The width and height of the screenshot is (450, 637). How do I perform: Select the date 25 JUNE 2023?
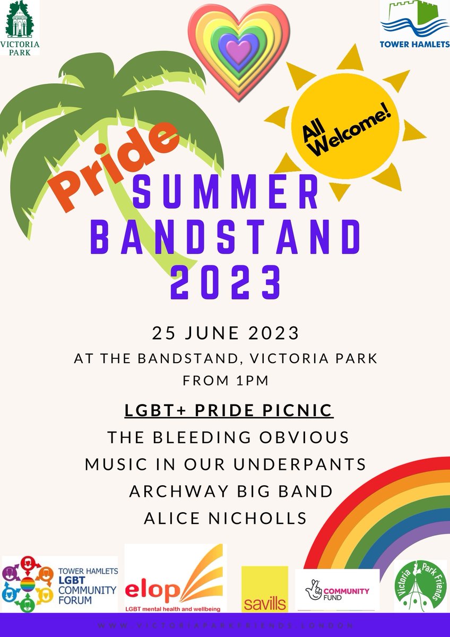(x=226, y=333)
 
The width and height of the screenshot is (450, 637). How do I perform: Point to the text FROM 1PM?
(x=226, y=381)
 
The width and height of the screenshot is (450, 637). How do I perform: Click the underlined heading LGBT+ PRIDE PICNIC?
(x=228, y=410)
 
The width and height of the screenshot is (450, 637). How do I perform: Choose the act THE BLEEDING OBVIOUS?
(x=228, y=437)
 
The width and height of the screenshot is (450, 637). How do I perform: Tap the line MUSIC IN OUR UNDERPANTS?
(x=226, y=464)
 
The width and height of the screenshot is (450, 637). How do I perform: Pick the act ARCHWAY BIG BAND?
(x=231, y=491)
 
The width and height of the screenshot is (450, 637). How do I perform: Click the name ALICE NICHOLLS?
(x=226, y=518)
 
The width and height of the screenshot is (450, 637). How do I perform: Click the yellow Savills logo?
(x=264, y=589)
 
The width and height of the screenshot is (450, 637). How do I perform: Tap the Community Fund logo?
(x=337, y=589)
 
